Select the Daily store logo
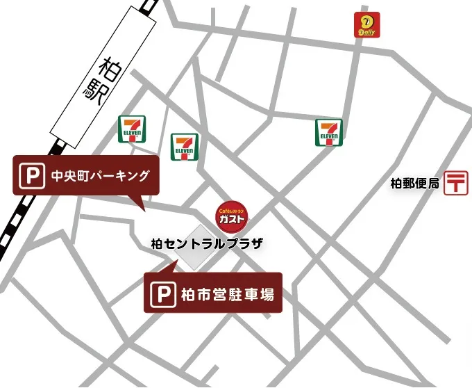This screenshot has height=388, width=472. click(x=366, y=26)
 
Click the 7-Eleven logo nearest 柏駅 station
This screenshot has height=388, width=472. click(x=132, y=129)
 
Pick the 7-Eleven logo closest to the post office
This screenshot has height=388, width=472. click(x=329, y=133)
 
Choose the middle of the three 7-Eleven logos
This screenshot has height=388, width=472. click(x=185, y=146)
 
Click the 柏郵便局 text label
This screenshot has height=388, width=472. click(x=415, y=184)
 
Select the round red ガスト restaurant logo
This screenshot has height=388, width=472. click(x=230, y=214)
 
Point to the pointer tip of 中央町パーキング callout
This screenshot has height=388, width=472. click(x=142, y=209)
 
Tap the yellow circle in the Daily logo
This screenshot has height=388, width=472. click(x=366, y=22)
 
